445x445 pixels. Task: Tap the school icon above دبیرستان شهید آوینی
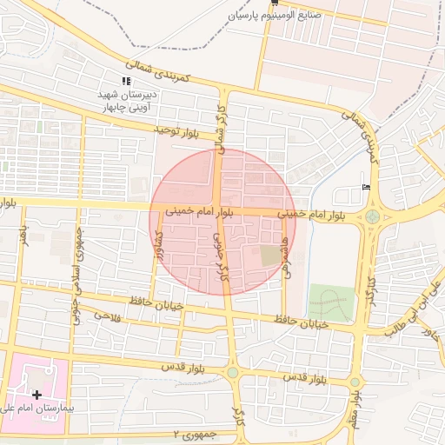pos(126,81)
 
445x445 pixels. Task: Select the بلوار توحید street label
pos(177,130)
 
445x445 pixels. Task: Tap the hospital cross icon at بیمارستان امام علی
pos(37,395)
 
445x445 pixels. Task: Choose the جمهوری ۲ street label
pos(193,434)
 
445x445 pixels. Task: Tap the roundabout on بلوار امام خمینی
pos(373,216)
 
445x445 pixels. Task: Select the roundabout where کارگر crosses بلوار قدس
pos(233,372)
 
